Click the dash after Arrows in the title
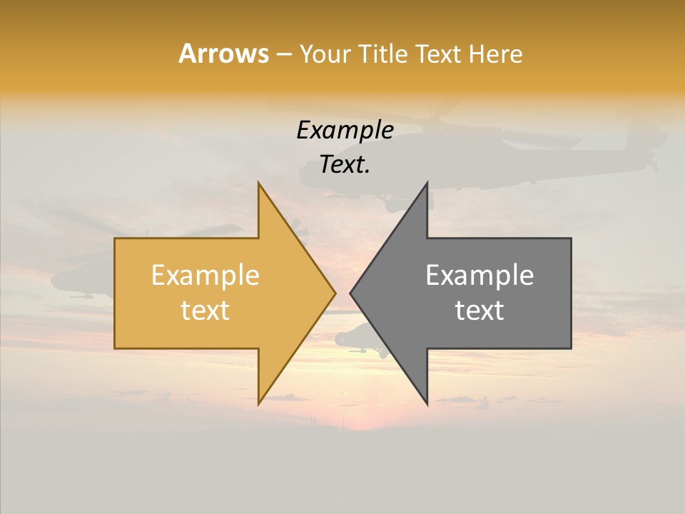[x=283, y=55]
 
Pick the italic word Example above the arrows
[x=345, y=131]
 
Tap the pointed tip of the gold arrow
[x=335, y=293]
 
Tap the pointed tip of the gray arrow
[x=351, y=293]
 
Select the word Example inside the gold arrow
[x=205, y=276]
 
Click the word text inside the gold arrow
[x=205, y=311]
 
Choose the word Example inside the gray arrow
[x=479, y=276]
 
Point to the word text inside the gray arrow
[x=479, y=311]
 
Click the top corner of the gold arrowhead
[x=259, y=183]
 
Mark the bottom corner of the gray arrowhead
[x=427, y=404]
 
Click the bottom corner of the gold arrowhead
[x=259, y=403]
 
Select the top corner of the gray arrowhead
[x=427, y=183]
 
